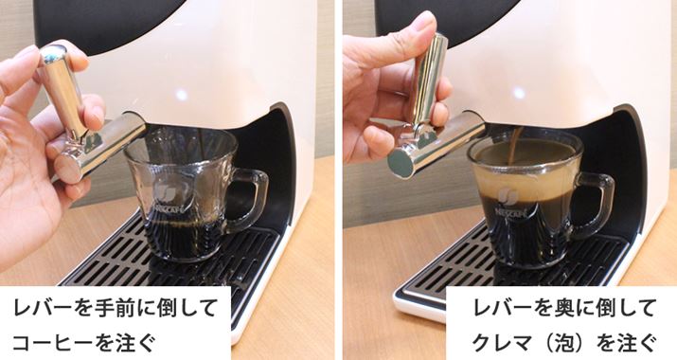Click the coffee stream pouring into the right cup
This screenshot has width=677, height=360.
[x=516, y=146]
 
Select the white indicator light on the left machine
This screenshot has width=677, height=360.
[x=182, y=94]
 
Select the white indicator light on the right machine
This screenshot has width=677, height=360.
[x=519, y=93]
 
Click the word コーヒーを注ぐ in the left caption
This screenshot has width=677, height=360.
[x=83, y=344]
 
